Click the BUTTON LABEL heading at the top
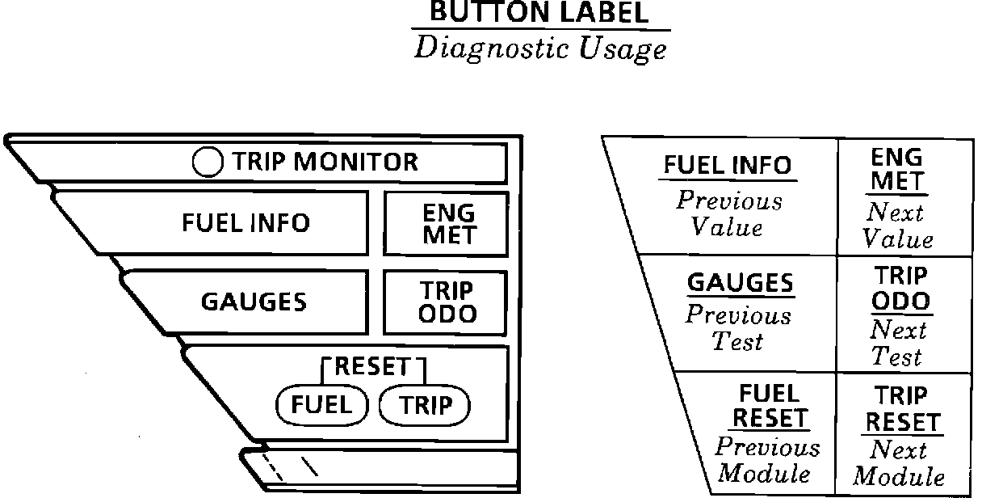click(539, 14)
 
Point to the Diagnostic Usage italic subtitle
click(540, 49)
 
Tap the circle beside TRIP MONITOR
click(208, 162)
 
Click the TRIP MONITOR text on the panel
click(325, 162)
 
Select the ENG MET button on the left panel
click(448, 224)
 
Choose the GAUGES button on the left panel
click(254, 302)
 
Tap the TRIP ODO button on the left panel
click(448, 302)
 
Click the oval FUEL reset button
click(321, 405)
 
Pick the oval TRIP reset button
click(425, 405)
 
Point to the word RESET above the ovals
click(372, 367)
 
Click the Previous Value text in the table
click(728, 213)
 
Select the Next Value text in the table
click(897, 226)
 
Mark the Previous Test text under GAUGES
click(738, 328)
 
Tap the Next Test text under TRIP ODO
click(897, 343)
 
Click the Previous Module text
click(766, 459)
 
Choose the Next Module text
click(898, 462)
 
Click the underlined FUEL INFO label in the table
click(728, 166)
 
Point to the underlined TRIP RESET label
click(903, 409)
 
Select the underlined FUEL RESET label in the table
click(769, 406)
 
